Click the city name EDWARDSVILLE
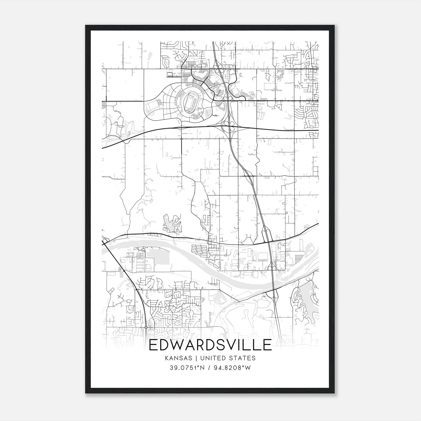click(x=210, y=345)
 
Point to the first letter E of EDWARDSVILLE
click(x=153, y=345)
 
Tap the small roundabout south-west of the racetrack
click(x=182, y=138)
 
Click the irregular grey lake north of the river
click(x=171, y=223)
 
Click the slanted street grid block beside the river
click(x=199, y=250)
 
